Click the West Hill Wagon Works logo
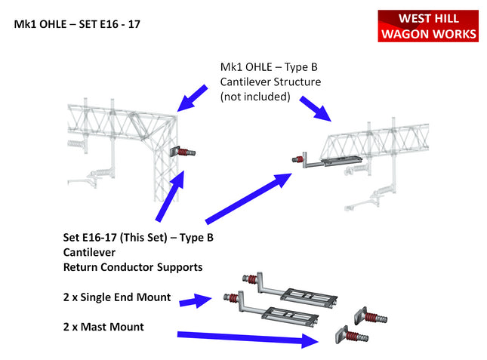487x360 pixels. pyautogui.click(x=427, y=26)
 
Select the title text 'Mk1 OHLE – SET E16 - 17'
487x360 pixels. pyautogui.click(x=77, y=24)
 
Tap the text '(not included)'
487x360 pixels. pyautogui.click(x=255, y=97)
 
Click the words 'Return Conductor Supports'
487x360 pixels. pyautogui.click(x=132, y=267)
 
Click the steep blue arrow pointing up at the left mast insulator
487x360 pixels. pyautogui.click(x=171, y=196)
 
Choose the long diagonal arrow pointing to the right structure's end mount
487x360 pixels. pyautogui.click(x=248, y=198)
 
